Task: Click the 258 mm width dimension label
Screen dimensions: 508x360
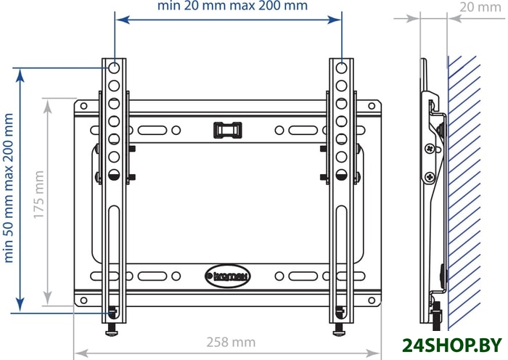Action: [x=231, y=342]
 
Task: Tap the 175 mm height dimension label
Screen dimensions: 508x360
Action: [x=39, y=195]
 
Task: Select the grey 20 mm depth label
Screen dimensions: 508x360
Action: [x=480, y=7]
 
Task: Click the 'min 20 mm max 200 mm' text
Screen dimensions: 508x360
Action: [x=232, y=6]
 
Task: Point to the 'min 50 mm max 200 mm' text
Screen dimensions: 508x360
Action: [x=8, y=188]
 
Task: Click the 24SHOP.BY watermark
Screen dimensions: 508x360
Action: [x=452, y=345]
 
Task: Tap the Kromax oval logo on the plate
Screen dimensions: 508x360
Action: [x=228, y=277]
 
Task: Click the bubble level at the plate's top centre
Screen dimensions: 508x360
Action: [x=228, y=130]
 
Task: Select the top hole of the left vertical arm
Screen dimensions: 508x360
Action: [x=114, y=68]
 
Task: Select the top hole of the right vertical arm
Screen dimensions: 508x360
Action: [x=342, y=68]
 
